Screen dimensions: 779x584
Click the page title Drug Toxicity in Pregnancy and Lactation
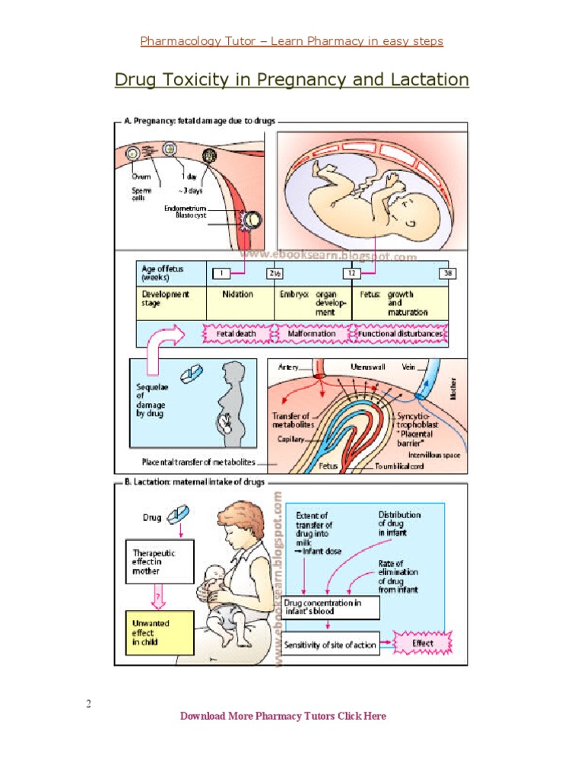[x=291, y=80]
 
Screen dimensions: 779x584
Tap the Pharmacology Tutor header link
[x=291, y=41]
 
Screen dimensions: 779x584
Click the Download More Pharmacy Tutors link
[x=283, y=716]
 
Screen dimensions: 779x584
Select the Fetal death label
[x=235, y=333]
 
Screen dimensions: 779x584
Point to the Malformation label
[x=312, y=333]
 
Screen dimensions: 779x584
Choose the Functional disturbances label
[x=400, y=333]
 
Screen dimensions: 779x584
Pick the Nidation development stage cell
[x=239, y=294]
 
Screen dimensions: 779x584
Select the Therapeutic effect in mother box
[x=158, y=561]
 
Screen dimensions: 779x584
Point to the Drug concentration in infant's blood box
[x=332, y=607]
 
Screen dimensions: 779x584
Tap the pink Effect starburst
[x=423, y=644]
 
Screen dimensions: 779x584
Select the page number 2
[x=89, y=704]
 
